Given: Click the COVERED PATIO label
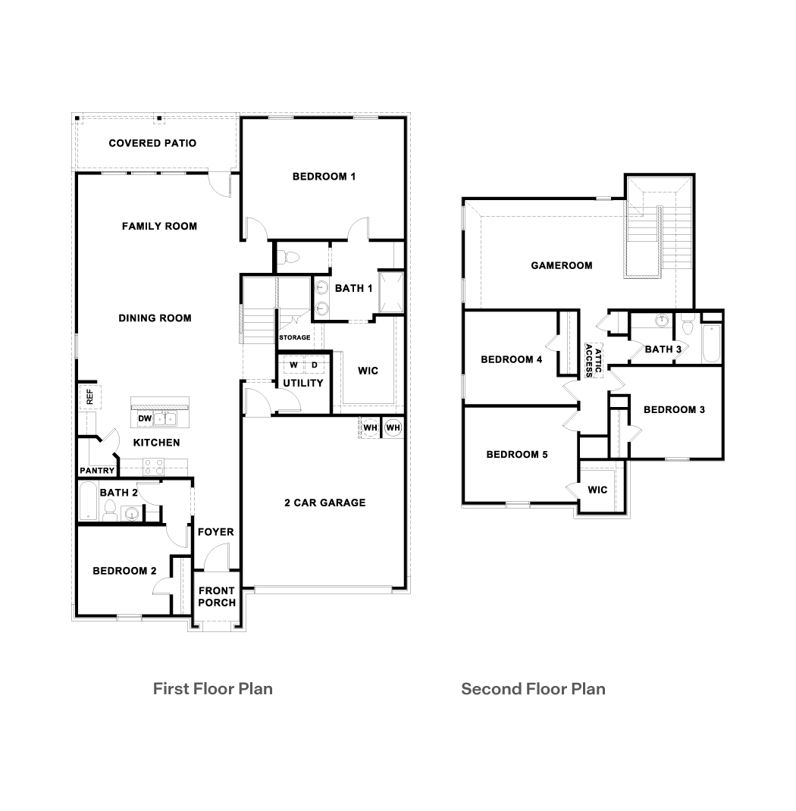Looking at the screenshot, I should [152, 143].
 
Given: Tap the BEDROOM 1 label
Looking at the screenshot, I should [324, 177].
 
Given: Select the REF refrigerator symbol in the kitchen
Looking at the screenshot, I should [89, 396].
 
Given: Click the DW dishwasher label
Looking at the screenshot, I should [144, 418].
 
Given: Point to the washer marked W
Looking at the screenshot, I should [293, 365].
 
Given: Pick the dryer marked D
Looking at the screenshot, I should [315, 365].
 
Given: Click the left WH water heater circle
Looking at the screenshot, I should [370, 427].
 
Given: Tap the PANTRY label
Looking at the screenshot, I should [97, 471].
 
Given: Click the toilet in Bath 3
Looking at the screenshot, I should [688, 327].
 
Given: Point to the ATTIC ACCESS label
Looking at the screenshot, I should [593, 362].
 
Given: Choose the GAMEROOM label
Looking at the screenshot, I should [562, 265].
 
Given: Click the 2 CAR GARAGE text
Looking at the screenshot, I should [324, 503].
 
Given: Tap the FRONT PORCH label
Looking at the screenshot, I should [217, 597].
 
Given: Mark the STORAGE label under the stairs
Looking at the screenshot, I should [294, 337].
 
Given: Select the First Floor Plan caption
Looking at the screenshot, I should [212, 688].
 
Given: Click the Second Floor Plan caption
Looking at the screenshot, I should [533, 688].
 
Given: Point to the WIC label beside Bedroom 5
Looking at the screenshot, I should [597, 490].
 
